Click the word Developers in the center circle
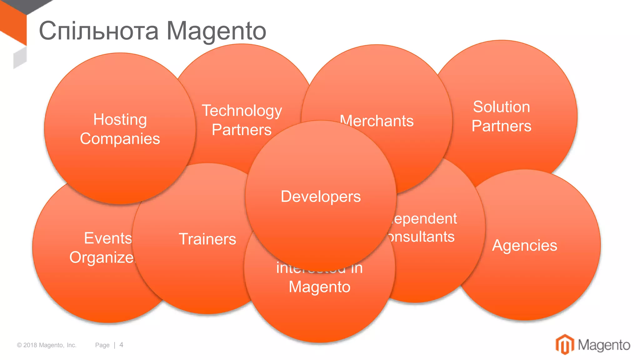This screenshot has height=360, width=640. (321, 197)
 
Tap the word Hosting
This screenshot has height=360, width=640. (120, 120)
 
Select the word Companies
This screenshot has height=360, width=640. (120, 139)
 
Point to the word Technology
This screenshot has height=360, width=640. (242, 111)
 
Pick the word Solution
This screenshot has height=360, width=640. (501, 107)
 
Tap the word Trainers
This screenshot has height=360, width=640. (207, 239)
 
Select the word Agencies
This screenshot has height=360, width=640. (525, 245)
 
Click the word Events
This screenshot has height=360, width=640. (108, 238)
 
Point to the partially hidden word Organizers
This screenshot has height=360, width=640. (102, 257)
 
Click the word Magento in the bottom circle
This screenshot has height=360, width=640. (319, 287)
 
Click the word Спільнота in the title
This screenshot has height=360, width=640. (99, 31)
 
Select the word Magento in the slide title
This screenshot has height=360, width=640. (216, 31)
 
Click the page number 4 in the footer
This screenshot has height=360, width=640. (121, 345)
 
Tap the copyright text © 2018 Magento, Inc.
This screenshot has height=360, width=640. (47, 345)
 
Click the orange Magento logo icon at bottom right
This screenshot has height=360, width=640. (564, 345)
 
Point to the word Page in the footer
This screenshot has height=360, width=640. (102, 345)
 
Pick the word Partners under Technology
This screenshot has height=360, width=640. (242, 130)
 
